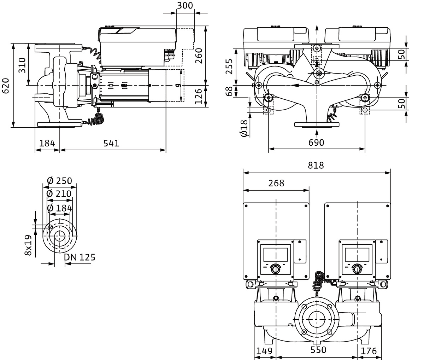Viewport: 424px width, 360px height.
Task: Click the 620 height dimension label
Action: click(x=6, y=86)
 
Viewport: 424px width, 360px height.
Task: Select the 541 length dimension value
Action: click(x=111, y=143)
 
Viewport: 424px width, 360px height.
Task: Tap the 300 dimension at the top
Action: click(x=185, y=5)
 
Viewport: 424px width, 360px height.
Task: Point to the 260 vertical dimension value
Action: click(x=199, y=55)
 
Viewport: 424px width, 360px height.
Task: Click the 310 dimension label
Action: click(x=22, y=65)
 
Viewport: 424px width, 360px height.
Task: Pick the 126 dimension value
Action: click(x=199, y=95)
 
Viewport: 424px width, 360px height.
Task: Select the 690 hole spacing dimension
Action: click(x=316, y=143)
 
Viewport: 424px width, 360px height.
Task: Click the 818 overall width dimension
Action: click(x=316, y=165)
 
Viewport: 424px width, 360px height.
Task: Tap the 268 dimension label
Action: click(x=276, y=183)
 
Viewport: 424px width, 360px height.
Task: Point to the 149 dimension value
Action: click(x=265, y=351)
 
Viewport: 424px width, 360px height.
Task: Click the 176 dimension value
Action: click(x=369, y=351)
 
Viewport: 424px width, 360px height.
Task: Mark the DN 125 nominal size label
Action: click(x=80, y=257)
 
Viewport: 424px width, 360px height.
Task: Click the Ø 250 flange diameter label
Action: click(x=59, y=181)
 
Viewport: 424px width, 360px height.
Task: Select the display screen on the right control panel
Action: click(x=357, y=254)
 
